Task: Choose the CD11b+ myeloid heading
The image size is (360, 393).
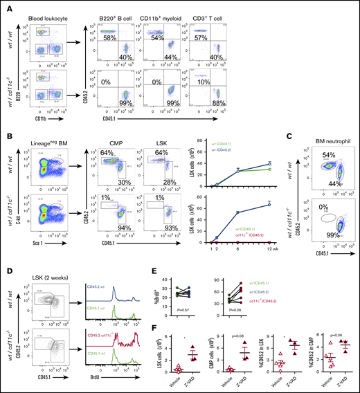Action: tap(161, 12)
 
